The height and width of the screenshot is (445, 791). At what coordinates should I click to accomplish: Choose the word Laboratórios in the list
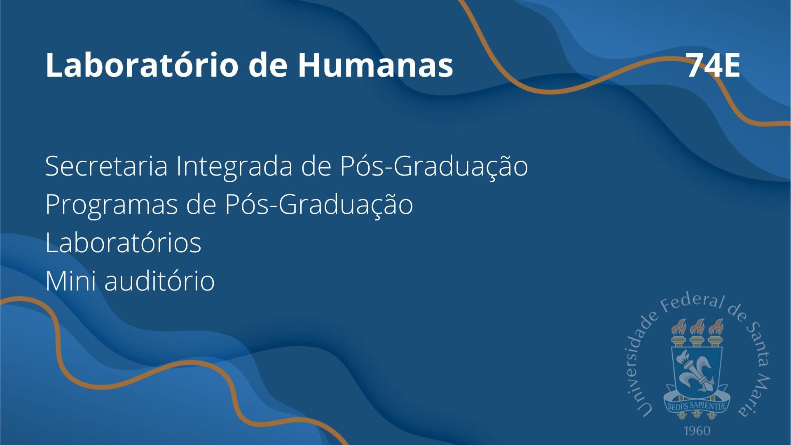(123, 242)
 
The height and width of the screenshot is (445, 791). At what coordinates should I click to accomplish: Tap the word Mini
(70, 281)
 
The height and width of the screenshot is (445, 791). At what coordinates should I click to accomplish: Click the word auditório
(159, 280)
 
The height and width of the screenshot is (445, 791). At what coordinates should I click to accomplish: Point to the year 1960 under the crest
(697, 431)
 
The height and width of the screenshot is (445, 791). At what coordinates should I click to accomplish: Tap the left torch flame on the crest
(678, 327)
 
